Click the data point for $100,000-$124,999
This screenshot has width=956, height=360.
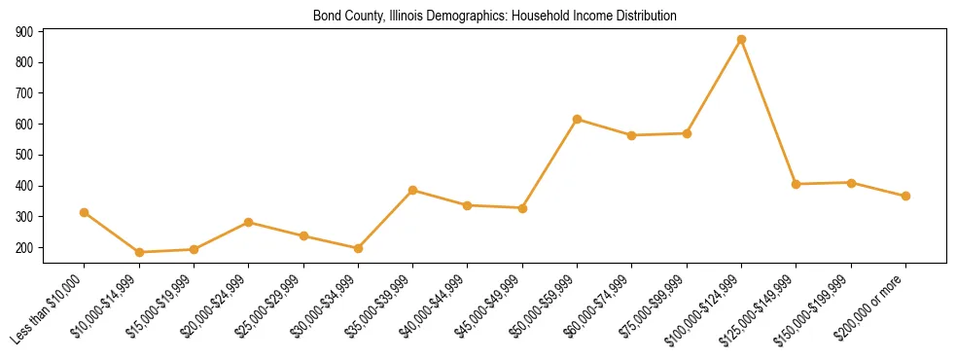pyautogui.click(x=741, y=40)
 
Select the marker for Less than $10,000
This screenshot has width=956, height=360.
pyautogui.click(x=85, y=212)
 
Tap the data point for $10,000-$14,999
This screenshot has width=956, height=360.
pyautogui.click(x=139, y=252)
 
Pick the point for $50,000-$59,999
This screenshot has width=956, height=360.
pyautogui.click(x=577, y=120)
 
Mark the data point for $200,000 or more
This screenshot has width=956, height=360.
pyautogui.click(x=905, y=196)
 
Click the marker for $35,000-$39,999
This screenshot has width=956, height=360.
pyautogui.click(x=413, y=191)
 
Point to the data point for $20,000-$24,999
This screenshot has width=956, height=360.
pyautogui.click(x=249, y=222)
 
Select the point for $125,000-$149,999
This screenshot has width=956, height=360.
pyautogui.click(x=796, y=184)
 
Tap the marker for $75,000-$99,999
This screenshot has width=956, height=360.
pyautogui.click(x=687, y=133)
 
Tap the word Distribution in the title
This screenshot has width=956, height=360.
pyautogui.click(x=644, y=17)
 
